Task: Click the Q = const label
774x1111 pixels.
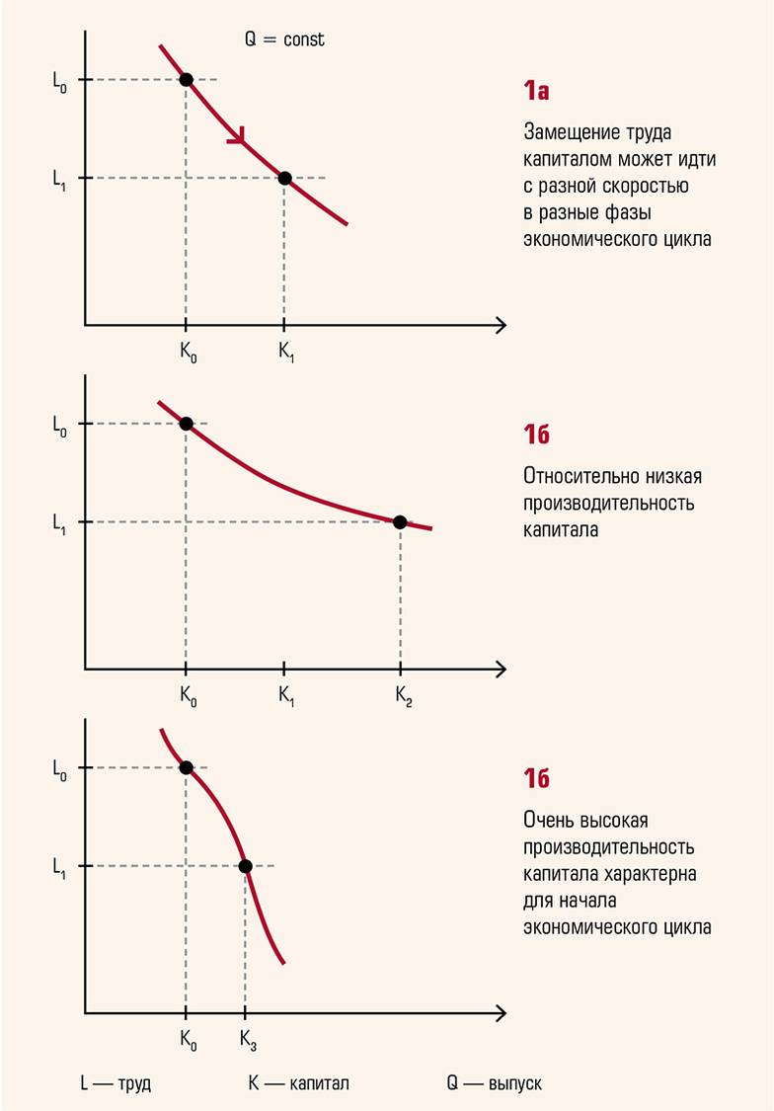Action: click(284, 40)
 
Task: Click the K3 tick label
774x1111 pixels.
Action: click(249, 1040)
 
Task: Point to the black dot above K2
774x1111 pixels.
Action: click(400, 522)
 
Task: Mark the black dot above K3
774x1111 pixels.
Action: click(246, 866)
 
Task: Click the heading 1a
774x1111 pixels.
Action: click(536, 92)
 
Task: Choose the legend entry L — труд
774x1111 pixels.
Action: click(116, 1083)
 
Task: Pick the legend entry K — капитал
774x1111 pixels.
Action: click(298, 1083)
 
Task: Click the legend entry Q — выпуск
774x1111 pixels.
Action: click(494, 1083)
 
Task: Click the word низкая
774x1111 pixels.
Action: click(676, 477)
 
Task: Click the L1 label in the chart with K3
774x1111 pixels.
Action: click(59, 866)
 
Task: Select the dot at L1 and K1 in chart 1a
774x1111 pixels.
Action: click(284, 178)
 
